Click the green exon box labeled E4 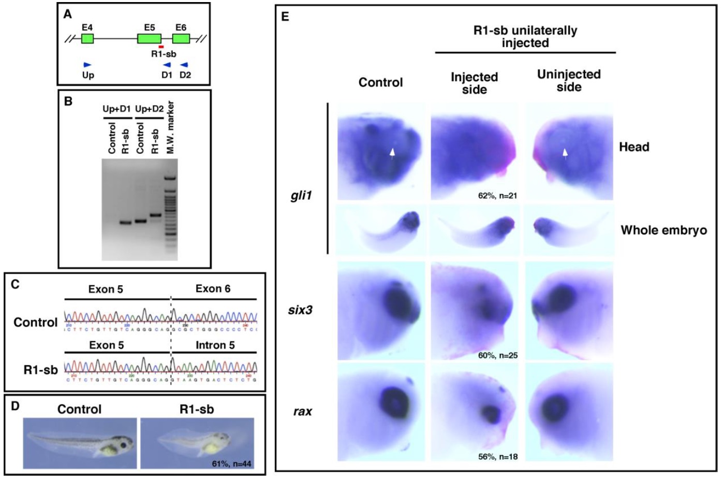click(87, 38)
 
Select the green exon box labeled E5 click(149, 38)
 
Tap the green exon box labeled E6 click(181, 38)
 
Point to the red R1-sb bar click(161, 47)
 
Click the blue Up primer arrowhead click(87, 65)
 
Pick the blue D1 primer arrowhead click(167, 65)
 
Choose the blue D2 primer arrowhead click(184, 65)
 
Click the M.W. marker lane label click(170, 127)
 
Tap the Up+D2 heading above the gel click(149, 109)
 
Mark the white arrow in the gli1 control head click(392, 152)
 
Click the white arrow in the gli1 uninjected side click(565, 152)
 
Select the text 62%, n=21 click(497, 196)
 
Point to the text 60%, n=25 click(497, 355)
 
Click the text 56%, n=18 click(497, 457)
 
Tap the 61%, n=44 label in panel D click(231, 463)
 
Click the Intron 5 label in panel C click(215, 345)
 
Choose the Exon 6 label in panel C click(213, 289)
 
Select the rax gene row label click(303, 412)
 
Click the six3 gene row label click(300, 310)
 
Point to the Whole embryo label click(663, 230)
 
